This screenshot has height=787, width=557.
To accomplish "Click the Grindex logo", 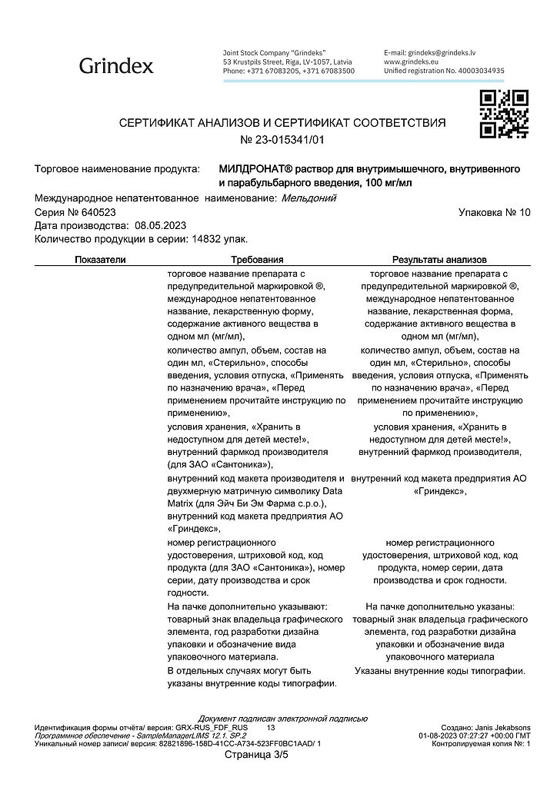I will [116, 66].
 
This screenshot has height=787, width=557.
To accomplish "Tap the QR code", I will [504, 114].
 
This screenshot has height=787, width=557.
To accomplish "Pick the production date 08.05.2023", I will [161, 225].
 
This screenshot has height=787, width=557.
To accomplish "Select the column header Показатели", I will [100, 260].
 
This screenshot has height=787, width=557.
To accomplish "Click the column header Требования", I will [257, 260].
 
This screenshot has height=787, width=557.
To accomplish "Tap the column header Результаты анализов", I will [439, 260].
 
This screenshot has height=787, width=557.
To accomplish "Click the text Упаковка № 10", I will [494, 211].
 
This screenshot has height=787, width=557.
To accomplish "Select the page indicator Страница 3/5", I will [256, 755].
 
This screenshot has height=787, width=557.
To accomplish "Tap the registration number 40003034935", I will [477, 70].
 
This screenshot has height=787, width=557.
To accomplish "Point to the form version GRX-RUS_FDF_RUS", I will [212, 726].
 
